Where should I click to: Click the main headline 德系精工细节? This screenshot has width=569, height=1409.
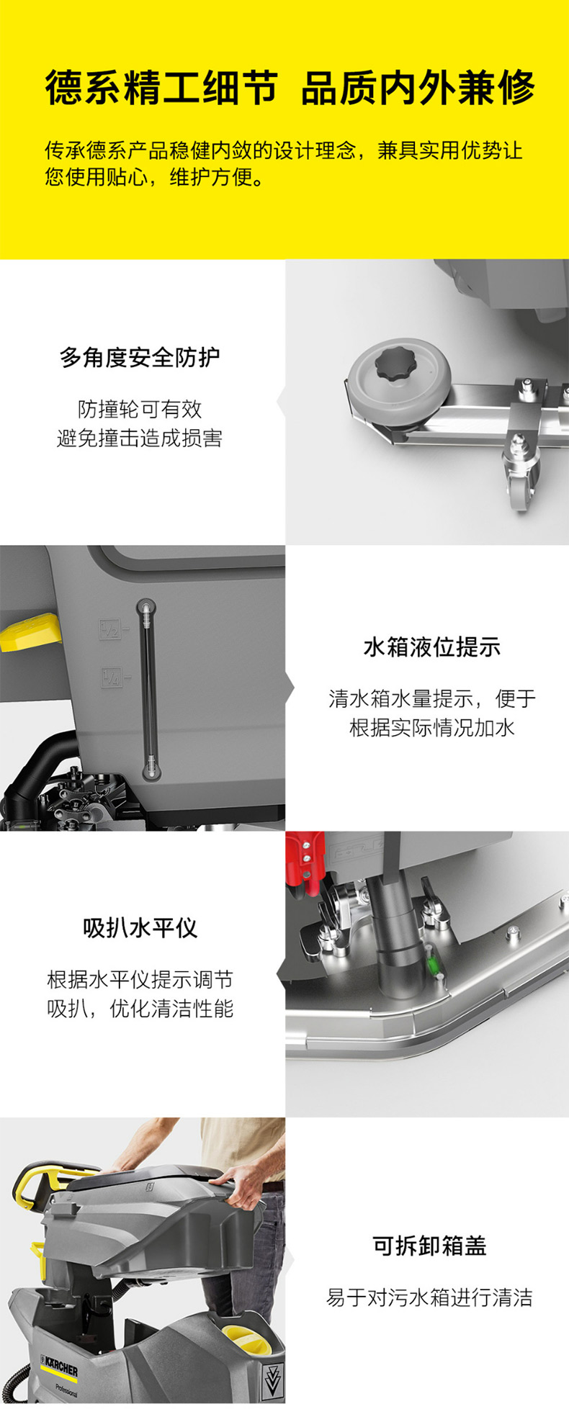coord(161,89)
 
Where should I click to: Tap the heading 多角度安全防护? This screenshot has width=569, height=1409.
coord(140,357)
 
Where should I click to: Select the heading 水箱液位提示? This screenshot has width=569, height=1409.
coord(431,647)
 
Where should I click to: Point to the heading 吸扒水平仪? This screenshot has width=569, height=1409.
coord(140,928)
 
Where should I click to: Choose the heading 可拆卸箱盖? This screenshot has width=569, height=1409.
coord(429,1246)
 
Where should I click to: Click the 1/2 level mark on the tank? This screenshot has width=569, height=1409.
coord(110,629)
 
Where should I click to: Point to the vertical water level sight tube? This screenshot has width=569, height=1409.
coord(148,688)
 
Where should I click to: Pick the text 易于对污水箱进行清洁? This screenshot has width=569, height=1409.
coord(429,1297)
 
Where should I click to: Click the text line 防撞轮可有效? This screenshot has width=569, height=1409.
coord(140,409)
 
